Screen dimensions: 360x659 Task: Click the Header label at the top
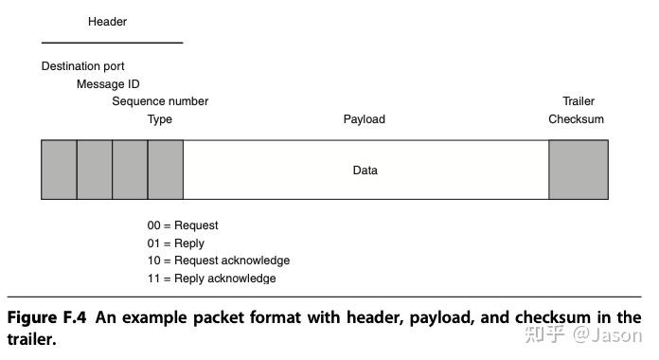(x=107, y=22)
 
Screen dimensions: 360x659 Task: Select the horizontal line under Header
(x=112, y=43)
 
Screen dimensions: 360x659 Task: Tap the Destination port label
(x=83, y=67)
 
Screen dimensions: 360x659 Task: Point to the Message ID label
(x=108, y=84)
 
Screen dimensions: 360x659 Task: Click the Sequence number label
(x=160, y=101)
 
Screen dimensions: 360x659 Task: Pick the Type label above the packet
(x=160, y=119)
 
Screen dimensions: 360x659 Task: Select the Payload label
(x=364, y=119)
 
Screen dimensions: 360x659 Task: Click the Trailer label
(x=579, y=101)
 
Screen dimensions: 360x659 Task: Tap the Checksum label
(x=576, y=119)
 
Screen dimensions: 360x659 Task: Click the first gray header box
(x=59, y=170)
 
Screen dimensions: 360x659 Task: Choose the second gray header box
(x=95, y=170)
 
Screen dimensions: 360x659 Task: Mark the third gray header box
(x=130, y=170)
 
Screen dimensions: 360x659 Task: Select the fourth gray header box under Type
(x=166, y=170)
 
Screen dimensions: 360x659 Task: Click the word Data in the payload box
(x=365, y=171)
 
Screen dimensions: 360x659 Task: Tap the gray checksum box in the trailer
(x=579, y=170)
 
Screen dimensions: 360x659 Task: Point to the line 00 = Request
(x=183, y=225)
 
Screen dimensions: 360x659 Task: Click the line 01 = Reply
(x=175, y=243)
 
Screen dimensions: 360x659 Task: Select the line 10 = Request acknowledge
(x=219, y=261)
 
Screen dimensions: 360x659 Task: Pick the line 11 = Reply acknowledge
(x=211, y=279)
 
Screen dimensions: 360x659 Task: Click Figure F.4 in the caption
(x=47, y=317)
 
